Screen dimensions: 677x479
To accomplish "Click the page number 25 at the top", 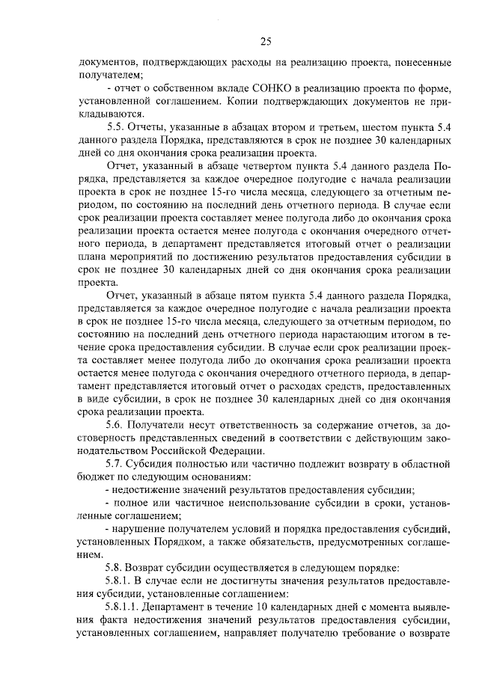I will tap(266, 40).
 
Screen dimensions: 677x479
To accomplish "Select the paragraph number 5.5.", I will tap(118, 126).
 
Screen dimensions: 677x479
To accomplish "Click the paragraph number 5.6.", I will tap(118, 424).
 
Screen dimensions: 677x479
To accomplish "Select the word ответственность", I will tap(268, 424).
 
